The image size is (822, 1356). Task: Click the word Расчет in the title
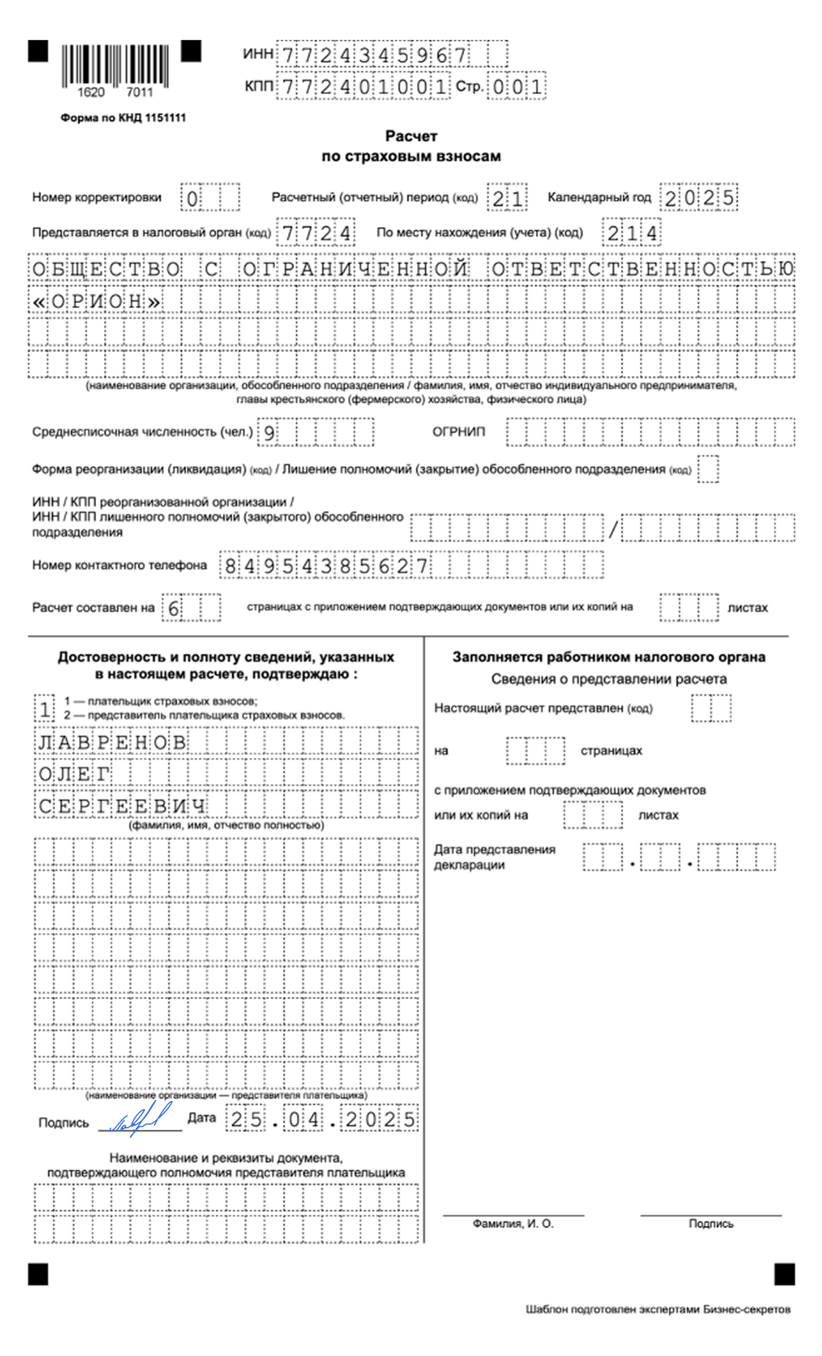click(x=411, y=136)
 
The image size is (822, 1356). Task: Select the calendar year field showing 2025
click(x=699, y=198)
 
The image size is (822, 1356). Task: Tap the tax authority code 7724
click(x=316, y=233)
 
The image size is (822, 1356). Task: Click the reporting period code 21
click(x=507, y=198)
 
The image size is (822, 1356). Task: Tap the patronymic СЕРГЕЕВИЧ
click(x=122, y=806)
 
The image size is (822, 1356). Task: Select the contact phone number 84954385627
click(x=326, y=566)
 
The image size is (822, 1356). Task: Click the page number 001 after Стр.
click(x=517, y=86)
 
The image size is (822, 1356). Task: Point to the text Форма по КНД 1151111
click(x=123, y=118)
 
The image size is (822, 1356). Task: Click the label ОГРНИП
click(x=458, y=432)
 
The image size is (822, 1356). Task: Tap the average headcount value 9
click(x=269, y=433)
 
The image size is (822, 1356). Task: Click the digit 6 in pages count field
click(x=173, y=608)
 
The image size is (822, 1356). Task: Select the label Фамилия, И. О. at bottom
click(x=513, y=1224)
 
